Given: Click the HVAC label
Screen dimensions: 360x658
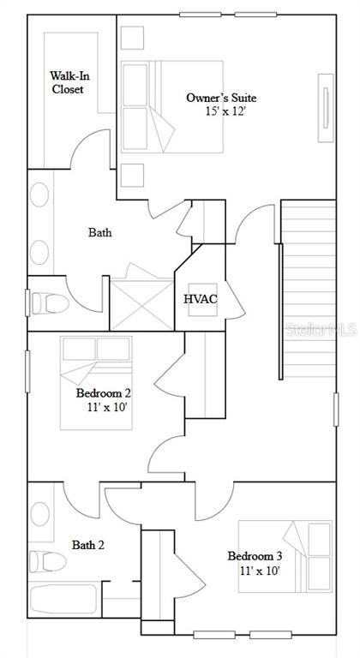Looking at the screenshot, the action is [x=201, y=300].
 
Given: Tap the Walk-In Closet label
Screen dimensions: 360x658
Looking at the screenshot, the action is [x=69, y=82].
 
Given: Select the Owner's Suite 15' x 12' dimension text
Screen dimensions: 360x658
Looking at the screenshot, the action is [x=225, y=111].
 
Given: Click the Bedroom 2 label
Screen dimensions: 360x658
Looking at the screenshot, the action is [x=104, y=393].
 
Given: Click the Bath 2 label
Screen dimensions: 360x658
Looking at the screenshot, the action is [x=88, y=545].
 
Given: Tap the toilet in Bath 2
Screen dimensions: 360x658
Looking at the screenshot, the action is [x=47, y=561].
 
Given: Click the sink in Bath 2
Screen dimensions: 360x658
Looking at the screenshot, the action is [x=40, y=514].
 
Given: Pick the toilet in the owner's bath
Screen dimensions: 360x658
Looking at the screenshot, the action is [x=51, y=303].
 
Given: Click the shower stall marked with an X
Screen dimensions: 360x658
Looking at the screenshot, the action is [x=142, y=304].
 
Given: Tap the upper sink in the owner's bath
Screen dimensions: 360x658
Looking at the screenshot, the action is [x=39, y=194].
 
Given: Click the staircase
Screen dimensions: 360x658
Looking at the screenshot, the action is [x=309, y=288].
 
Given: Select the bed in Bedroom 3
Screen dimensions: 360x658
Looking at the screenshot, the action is [x=285, y=556].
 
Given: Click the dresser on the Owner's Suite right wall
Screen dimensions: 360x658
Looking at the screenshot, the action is [x=326, y=108].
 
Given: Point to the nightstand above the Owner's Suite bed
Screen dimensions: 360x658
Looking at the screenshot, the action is [x=132, y=38].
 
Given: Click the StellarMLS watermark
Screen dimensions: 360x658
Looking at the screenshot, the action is [x=321, y=329].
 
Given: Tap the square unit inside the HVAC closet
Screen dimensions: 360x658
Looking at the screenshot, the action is [x=203, y=300].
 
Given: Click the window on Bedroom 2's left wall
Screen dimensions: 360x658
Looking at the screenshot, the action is [x=27, y=371].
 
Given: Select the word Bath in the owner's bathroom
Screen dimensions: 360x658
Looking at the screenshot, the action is [x=100, y=232].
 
